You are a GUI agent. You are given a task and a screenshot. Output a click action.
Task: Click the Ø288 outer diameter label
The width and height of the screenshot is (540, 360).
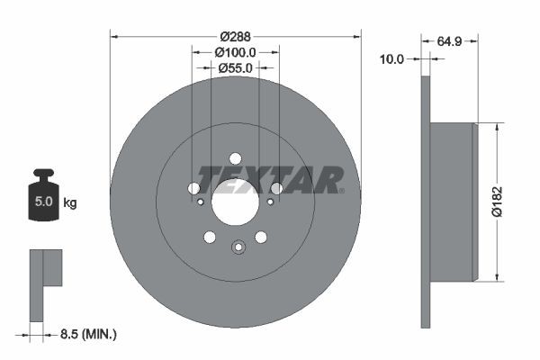coord(236,37)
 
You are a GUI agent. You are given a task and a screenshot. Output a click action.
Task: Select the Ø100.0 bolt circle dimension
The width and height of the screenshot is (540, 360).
coord(236,53)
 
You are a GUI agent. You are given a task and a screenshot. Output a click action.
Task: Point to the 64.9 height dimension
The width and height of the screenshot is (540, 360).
coord(451,40)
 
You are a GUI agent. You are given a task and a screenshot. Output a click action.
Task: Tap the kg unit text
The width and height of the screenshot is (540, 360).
coord(70,203)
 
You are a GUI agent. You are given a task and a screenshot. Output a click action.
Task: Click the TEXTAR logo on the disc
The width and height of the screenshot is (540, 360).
coord(271,179)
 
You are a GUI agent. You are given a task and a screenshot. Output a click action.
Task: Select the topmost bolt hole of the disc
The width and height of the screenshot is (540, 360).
coord(236,158)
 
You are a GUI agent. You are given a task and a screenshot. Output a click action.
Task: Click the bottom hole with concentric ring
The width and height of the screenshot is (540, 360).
coord(238,248)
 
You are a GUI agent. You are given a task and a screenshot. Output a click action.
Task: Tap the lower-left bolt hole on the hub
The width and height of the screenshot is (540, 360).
coord(210,237)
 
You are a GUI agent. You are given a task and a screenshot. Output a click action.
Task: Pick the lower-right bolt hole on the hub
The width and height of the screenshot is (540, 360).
coord(261,237)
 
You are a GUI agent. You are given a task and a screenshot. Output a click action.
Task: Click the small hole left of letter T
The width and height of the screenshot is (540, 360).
coord(193,188)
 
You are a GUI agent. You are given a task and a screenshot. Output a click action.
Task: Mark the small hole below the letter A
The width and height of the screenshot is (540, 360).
coord(270,202)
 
